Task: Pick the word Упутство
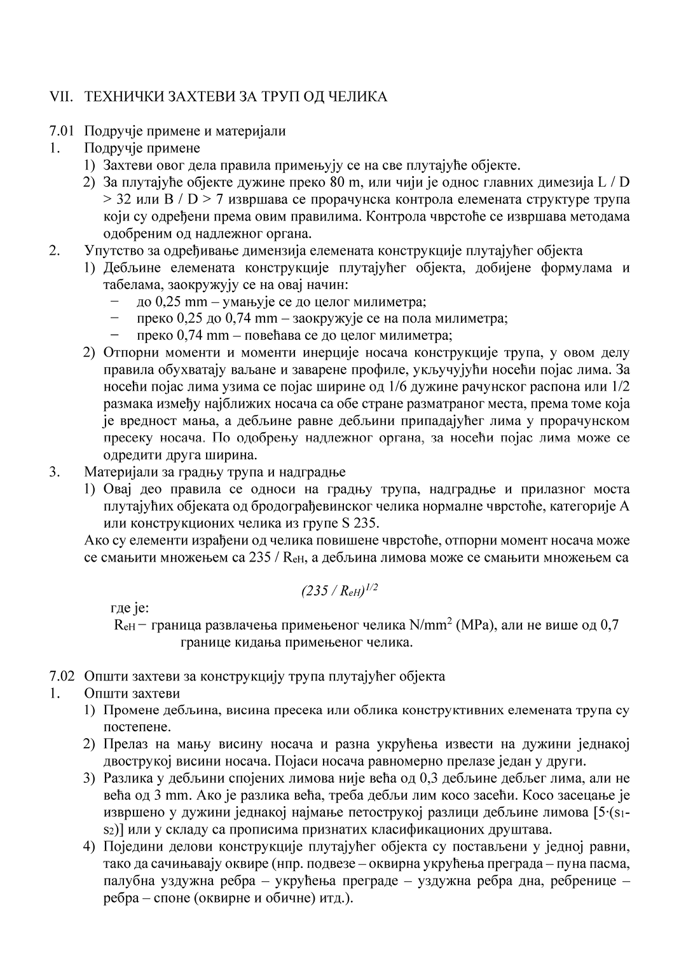(x=111, y=251)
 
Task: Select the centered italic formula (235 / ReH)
(x=340, y=591)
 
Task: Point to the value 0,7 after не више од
(x=609, y=625)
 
